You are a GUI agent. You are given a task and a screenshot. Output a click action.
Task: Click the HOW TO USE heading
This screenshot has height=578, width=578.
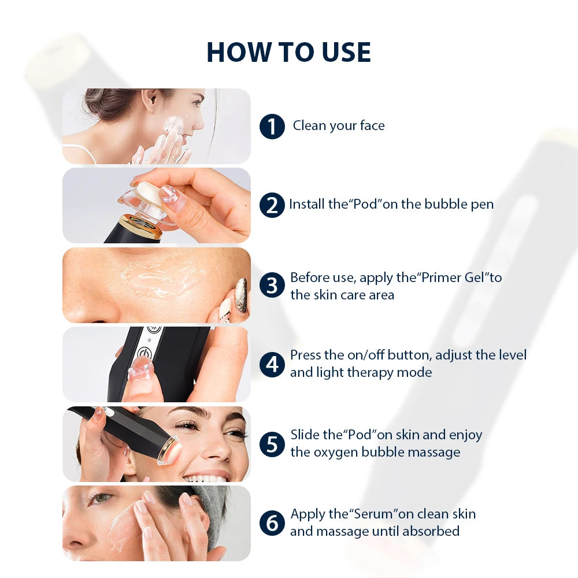coord(288,53)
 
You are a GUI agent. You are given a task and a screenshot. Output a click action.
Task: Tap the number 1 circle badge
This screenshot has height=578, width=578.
coord(272,127)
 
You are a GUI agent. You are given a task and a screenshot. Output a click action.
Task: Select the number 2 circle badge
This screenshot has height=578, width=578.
coord(272,205)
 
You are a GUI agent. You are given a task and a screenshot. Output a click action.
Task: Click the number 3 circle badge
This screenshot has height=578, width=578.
coord(272,286)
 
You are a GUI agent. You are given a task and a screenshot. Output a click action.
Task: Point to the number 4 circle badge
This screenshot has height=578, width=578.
coord(272,364)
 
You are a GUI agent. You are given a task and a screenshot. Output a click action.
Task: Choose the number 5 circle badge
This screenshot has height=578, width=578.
coord(272,443)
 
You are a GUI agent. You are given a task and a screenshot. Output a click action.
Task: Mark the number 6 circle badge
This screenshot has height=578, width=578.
coord(272,523)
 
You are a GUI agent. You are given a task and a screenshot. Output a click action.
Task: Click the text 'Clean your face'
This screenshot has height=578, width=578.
coord(339,126)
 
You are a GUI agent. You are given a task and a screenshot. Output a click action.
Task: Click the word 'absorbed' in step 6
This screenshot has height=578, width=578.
coord(432,531)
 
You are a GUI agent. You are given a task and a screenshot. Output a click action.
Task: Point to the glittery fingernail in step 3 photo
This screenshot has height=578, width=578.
coord(241,287)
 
